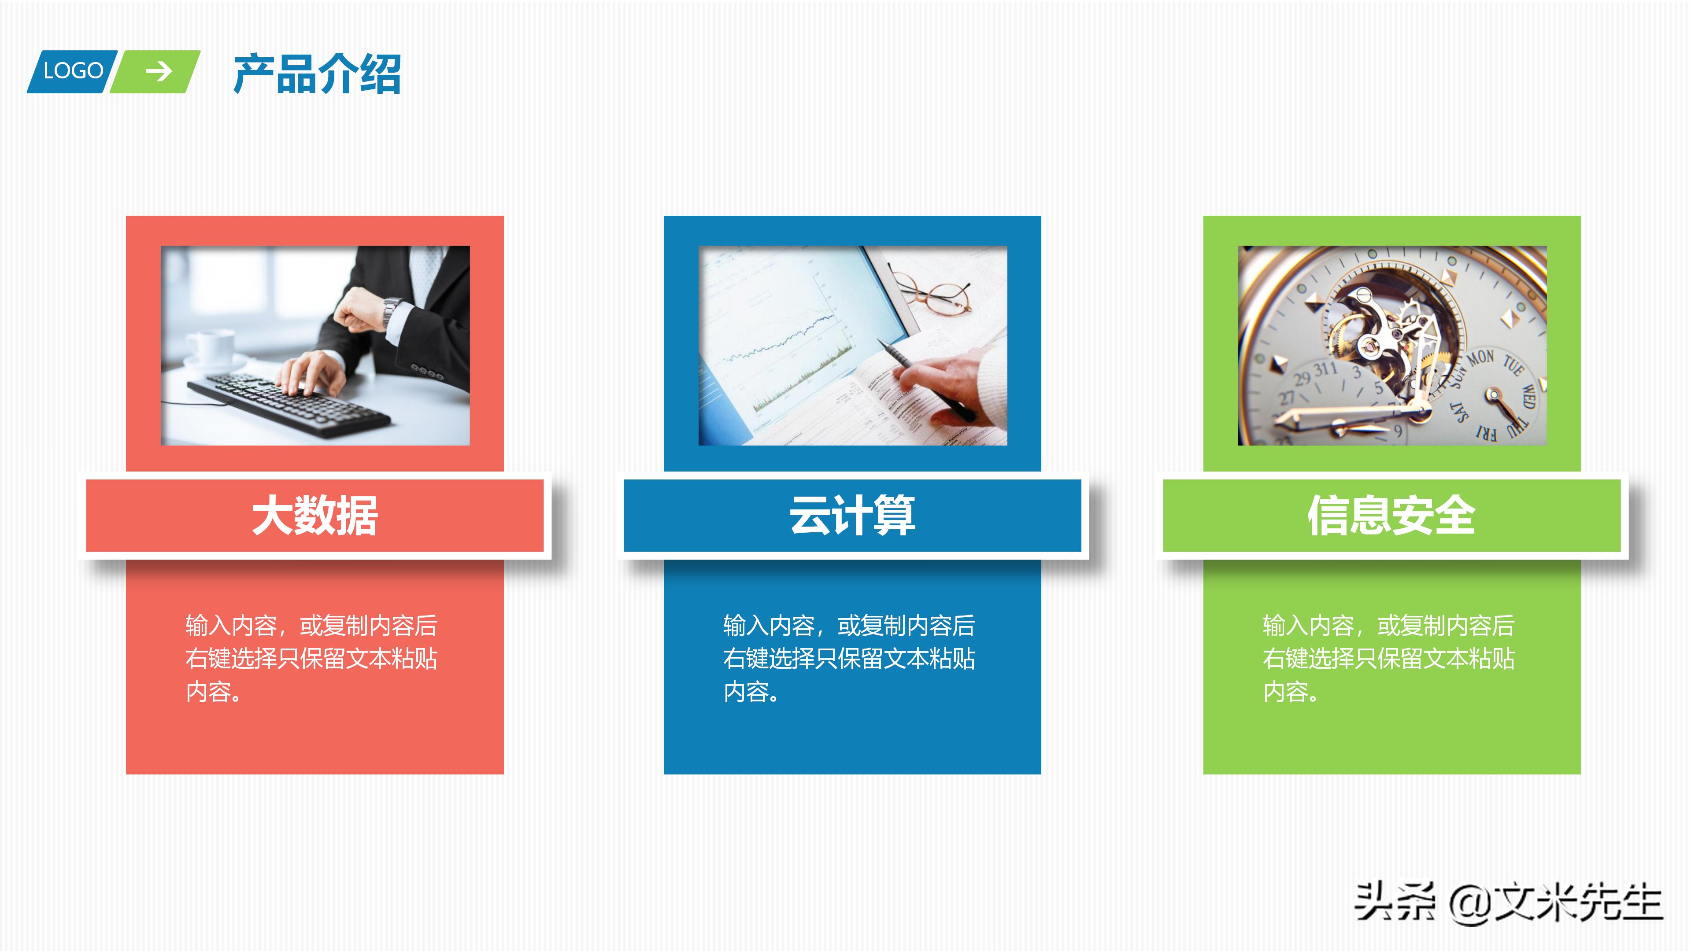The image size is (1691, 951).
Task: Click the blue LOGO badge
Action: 72,71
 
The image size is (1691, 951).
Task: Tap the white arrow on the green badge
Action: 158,71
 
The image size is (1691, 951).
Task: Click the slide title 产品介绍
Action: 317,74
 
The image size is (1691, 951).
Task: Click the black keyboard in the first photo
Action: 289,404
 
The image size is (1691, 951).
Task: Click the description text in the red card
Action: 311,658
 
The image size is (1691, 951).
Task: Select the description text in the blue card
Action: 849,658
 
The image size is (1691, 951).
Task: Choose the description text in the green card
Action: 1388,658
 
